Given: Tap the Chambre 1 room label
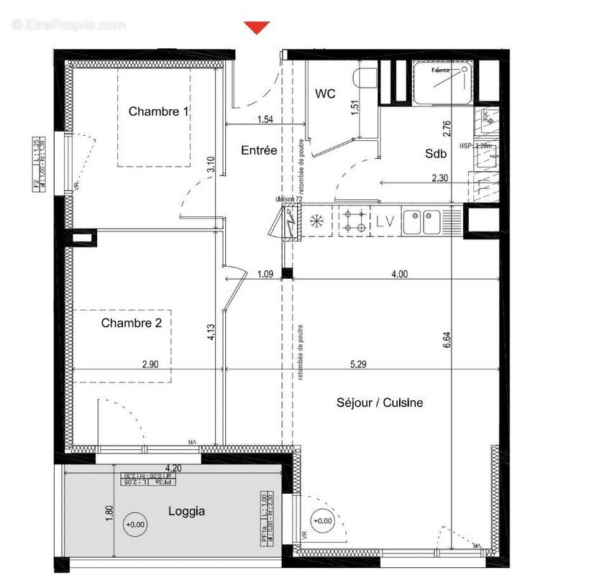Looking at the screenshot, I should click(158, 111).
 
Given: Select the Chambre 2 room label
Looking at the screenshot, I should click(131, 323).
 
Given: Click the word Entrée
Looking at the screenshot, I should click(259, 150).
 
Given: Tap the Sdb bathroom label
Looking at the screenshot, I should click(436, 153).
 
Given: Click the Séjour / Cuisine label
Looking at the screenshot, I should click(380, 403).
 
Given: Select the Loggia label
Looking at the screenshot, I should click(186, 512).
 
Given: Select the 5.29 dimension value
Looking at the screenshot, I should click(358, 364).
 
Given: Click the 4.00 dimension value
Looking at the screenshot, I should click(398, 274).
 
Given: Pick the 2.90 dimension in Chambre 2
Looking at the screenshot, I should click(150, 364).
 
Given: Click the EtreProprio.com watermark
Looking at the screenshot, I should click(69, 25).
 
